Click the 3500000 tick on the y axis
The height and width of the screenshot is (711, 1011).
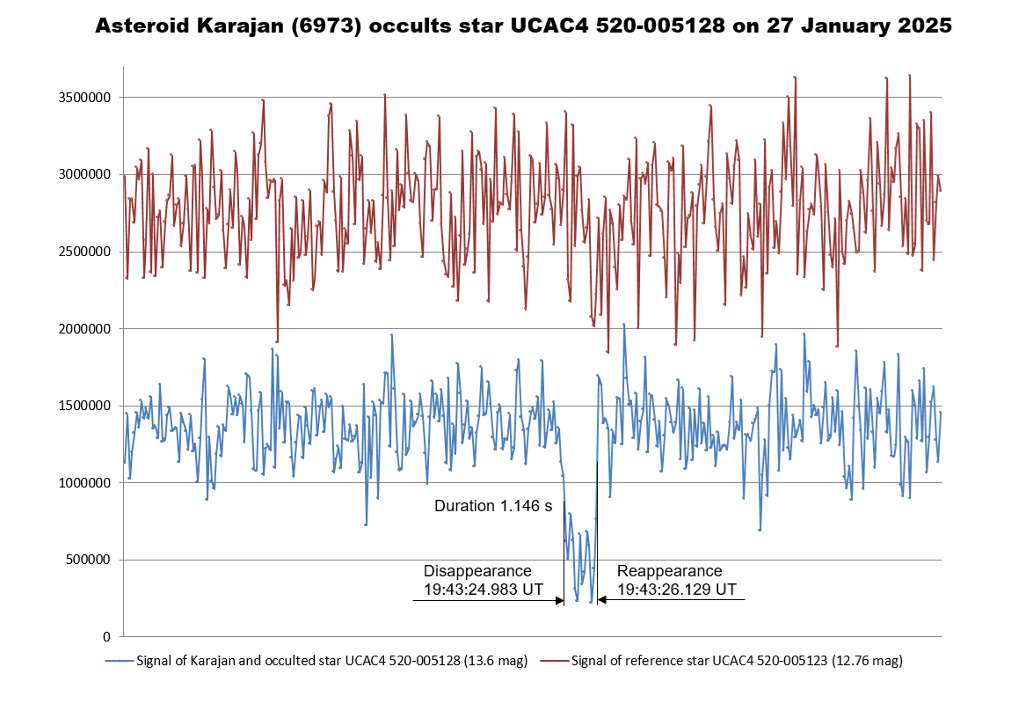point(84,98)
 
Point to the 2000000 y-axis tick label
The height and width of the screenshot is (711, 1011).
point(84,329)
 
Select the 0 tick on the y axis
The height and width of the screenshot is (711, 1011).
point(106,636)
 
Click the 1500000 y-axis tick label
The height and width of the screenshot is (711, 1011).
point(84,406)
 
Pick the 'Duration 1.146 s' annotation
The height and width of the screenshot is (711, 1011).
point(493,506)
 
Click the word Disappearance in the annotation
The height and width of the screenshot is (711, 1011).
point(477,570)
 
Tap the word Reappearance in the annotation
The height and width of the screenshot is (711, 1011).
point(669,570)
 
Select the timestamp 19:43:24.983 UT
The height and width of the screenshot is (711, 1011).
point(483,589)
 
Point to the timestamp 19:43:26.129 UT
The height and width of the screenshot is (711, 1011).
point(676,589)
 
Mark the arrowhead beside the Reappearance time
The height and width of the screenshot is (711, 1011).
point(602,601)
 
